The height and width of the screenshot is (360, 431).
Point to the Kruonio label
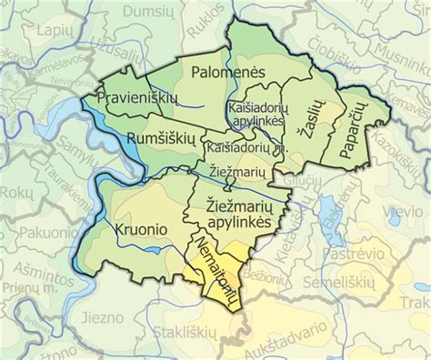point(141,231)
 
